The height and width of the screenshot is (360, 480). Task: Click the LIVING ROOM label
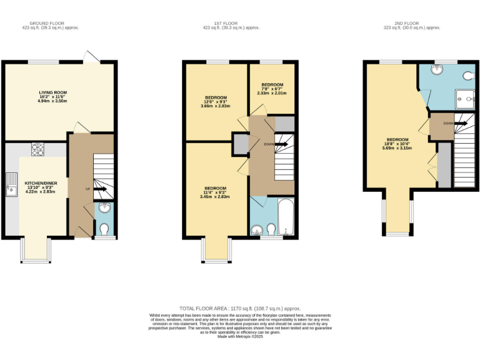pyautogui.click(x=52, y=96)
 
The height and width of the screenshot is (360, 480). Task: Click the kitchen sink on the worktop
pyautogui.click(x=11, y=184)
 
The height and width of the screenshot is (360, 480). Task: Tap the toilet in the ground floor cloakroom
pyautogui.click(x=104, y=227)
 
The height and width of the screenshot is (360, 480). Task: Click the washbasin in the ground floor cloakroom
pyautogui.click(x=104, y=209)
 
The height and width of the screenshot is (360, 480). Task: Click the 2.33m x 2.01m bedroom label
pyautogui.click(x=272, y=89)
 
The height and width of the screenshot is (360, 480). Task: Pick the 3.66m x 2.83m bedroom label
pyautogui.click(x=216, y=101)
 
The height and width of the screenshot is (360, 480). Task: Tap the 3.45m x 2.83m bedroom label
pyautogui.click(x=216, y=192)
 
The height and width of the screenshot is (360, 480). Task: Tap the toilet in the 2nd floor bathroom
pyautogui.click(x=469, y=76)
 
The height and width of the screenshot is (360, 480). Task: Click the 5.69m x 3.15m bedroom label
pyautogui.click(x=397, y=144)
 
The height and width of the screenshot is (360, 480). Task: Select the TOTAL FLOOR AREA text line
pyautogui.click(x=240, y=309)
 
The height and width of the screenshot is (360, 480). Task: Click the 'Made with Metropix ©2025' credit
pyautogui.click(x=240, y=337)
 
